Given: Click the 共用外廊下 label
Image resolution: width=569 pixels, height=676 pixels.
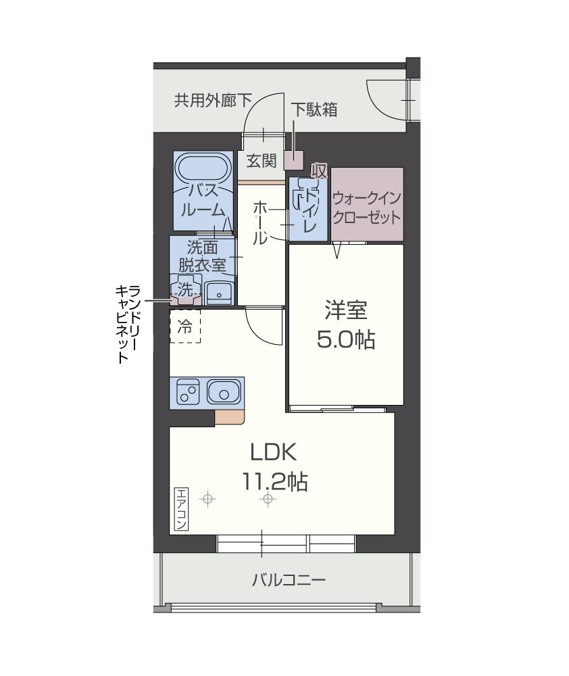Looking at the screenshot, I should tap(212, 101).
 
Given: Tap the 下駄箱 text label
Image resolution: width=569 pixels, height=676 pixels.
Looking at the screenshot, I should tap(314, 110).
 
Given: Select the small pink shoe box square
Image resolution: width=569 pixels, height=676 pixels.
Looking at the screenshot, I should tap(294, 160).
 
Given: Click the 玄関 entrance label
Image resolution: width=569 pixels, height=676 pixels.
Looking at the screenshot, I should tap(260, 161).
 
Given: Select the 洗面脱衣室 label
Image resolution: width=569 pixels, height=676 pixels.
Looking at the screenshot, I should tap(202, 256).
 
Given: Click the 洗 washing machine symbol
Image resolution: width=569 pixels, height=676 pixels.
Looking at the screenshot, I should tap(184, 289).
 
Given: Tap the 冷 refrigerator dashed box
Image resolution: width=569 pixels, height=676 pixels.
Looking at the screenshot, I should tap(184, 327).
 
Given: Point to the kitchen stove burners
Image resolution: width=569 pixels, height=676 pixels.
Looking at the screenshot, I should tap(187, 391).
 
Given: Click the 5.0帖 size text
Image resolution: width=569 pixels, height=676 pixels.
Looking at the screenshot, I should tap(345, 339).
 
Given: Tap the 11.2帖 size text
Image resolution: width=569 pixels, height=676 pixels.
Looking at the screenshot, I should tap(274, 481).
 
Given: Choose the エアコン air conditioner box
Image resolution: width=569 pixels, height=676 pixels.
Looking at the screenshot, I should tap(181, 508).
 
